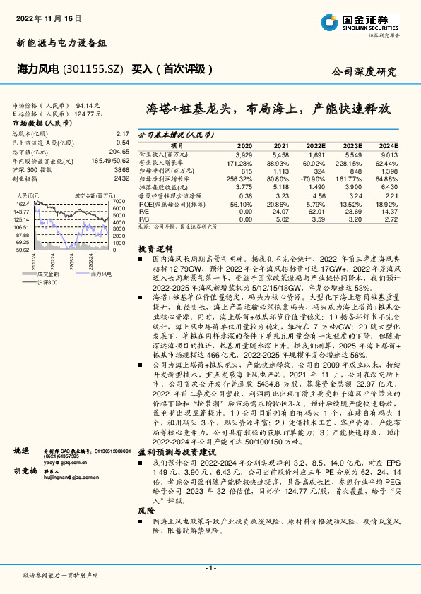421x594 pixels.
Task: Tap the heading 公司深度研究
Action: point(364,72)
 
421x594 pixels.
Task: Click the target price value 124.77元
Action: point(85,112)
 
